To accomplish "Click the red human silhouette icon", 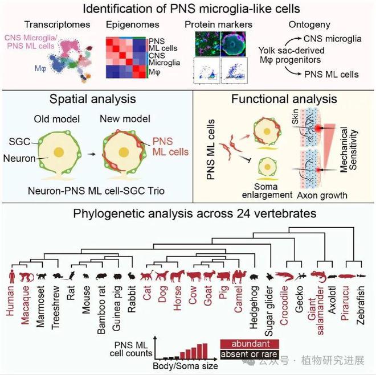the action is coord(11,276).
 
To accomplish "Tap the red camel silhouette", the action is coord(238,276).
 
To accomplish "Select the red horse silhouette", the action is coord(177,276).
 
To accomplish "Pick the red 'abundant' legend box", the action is coord(250,344).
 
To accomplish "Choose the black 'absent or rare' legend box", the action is coord(250,354).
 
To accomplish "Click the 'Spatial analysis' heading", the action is coord(92,99).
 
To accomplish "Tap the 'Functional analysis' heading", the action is coord(284,99).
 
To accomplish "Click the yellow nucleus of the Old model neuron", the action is coord(59,153).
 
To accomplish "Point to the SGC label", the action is coord(19,142).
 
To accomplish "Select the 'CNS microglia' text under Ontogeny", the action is coord(332,39).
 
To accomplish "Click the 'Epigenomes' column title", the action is coord(133,24).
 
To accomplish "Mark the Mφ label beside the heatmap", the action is coord(155,72).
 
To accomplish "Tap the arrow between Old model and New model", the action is coord(91,154).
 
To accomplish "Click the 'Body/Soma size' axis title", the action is coord(185,366).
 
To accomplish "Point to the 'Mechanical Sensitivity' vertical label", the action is coord(349,150).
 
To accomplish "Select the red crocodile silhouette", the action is coord(284,276).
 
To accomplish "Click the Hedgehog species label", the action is coord(254,307).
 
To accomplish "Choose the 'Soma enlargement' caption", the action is coord(267,191).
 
